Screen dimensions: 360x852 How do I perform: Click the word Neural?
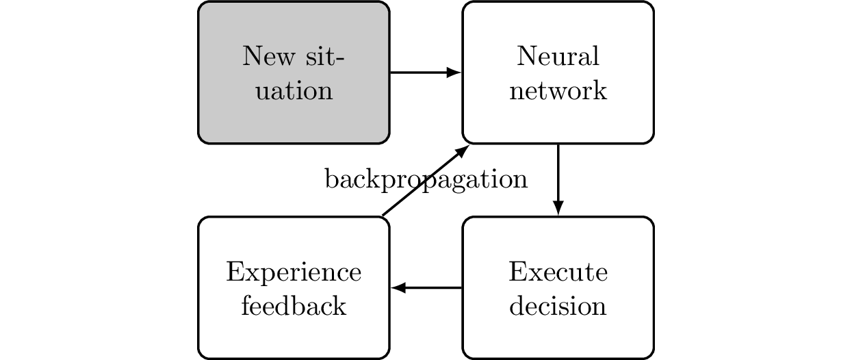(x=558, y=56)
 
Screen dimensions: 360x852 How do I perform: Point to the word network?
(x=558, y=91)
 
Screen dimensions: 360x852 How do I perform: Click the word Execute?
(x=558, y=272)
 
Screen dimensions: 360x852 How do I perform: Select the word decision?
(x=558, y=306)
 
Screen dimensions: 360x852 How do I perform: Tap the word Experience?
(x=294, y=272)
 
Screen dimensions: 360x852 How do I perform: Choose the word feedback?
(x=294, y=306)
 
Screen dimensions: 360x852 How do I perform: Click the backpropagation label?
(x=426, y=179)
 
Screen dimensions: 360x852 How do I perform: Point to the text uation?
(x=294, y=91)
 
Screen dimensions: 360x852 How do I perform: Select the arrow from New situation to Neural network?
(x=424, y=73)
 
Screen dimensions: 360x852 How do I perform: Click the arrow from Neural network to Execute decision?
(x=558, y=178)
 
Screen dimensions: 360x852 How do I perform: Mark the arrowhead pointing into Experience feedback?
(x=398, y=288)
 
